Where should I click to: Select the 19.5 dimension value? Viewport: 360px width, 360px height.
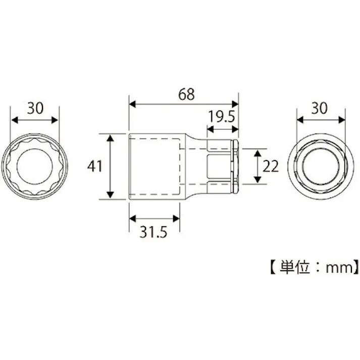point(222,117)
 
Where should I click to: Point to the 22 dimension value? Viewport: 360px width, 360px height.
point(271,166)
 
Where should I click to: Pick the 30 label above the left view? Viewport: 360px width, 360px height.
point(35,108)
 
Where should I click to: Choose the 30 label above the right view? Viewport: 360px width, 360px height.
point(321,108)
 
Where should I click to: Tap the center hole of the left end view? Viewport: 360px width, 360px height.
point(34,166)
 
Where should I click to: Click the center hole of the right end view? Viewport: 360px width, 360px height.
point(320,166)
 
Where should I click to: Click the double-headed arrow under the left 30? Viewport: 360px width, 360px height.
point(35,120)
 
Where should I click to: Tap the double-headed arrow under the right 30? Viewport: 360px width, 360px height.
point(321,120)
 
